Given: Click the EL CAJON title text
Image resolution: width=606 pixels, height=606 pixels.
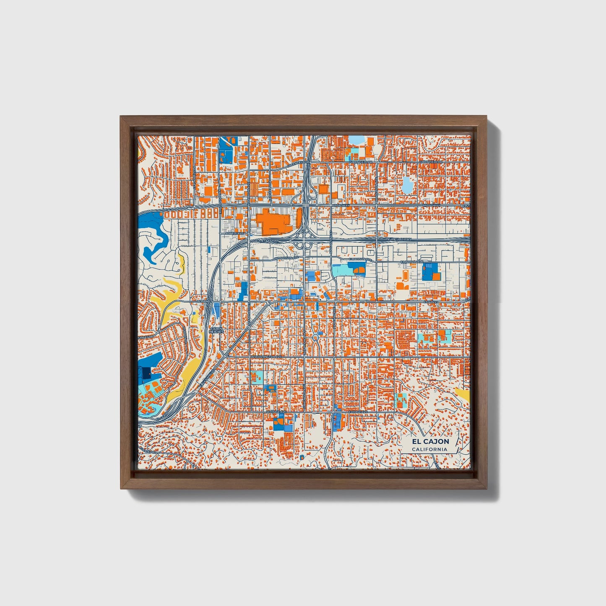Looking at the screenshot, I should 430,441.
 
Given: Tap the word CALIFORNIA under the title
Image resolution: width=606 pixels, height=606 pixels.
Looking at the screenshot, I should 429,450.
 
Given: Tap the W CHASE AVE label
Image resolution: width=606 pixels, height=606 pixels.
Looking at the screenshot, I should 276,412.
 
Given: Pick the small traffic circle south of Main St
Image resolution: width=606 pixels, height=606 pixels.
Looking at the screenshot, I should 315,337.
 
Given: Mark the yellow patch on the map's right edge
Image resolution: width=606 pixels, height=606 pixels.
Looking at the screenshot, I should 464,394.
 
